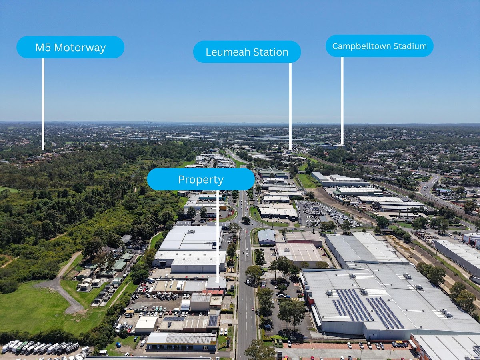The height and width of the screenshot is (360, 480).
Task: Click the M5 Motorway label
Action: point(70,48)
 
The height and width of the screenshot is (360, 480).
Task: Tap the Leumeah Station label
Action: point(247,52)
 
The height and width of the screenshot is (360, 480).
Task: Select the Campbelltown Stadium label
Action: point(379,46)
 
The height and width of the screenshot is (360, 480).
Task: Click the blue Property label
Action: point(200,180)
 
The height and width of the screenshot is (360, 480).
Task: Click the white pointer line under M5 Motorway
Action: point(43,104)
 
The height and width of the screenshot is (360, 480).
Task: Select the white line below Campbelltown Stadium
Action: point(342,100)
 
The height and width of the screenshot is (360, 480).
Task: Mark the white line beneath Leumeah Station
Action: point(290,106)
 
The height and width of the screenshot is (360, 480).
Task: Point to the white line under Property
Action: point(218,236)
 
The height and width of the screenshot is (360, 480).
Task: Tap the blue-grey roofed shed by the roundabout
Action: point(266,237)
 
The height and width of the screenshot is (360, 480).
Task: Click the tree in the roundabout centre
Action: point(246,220)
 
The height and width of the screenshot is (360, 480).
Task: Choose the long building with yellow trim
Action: point(182,341)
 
